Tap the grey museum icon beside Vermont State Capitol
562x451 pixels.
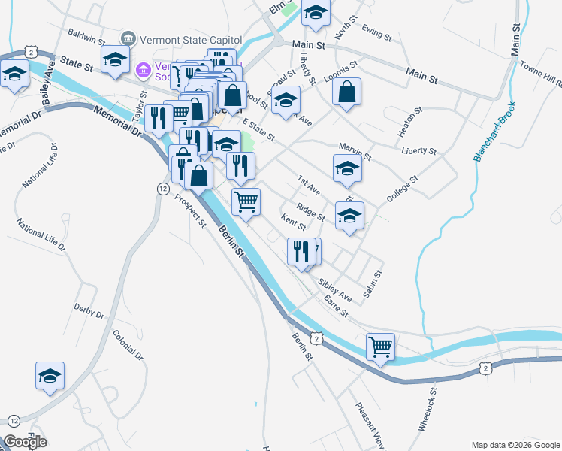[x=127, y=38]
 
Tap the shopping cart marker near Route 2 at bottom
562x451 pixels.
[x=381, y=347]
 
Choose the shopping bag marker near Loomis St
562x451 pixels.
[x=346, y=93]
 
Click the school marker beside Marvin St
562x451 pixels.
[x=347, y=168]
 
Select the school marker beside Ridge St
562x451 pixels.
[x=349, y=216]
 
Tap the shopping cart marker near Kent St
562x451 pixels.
[x=246, y=202]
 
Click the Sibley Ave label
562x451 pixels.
[x=335, y=289]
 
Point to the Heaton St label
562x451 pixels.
[x=411, y=122]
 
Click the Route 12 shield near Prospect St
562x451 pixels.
[x=162, y=189]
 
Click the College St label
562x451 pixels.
[x=403, y=189]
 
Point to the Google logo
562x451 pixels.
[x=25, y=443]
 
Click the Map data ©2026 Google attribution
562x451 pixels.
[x=515, y=445]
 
